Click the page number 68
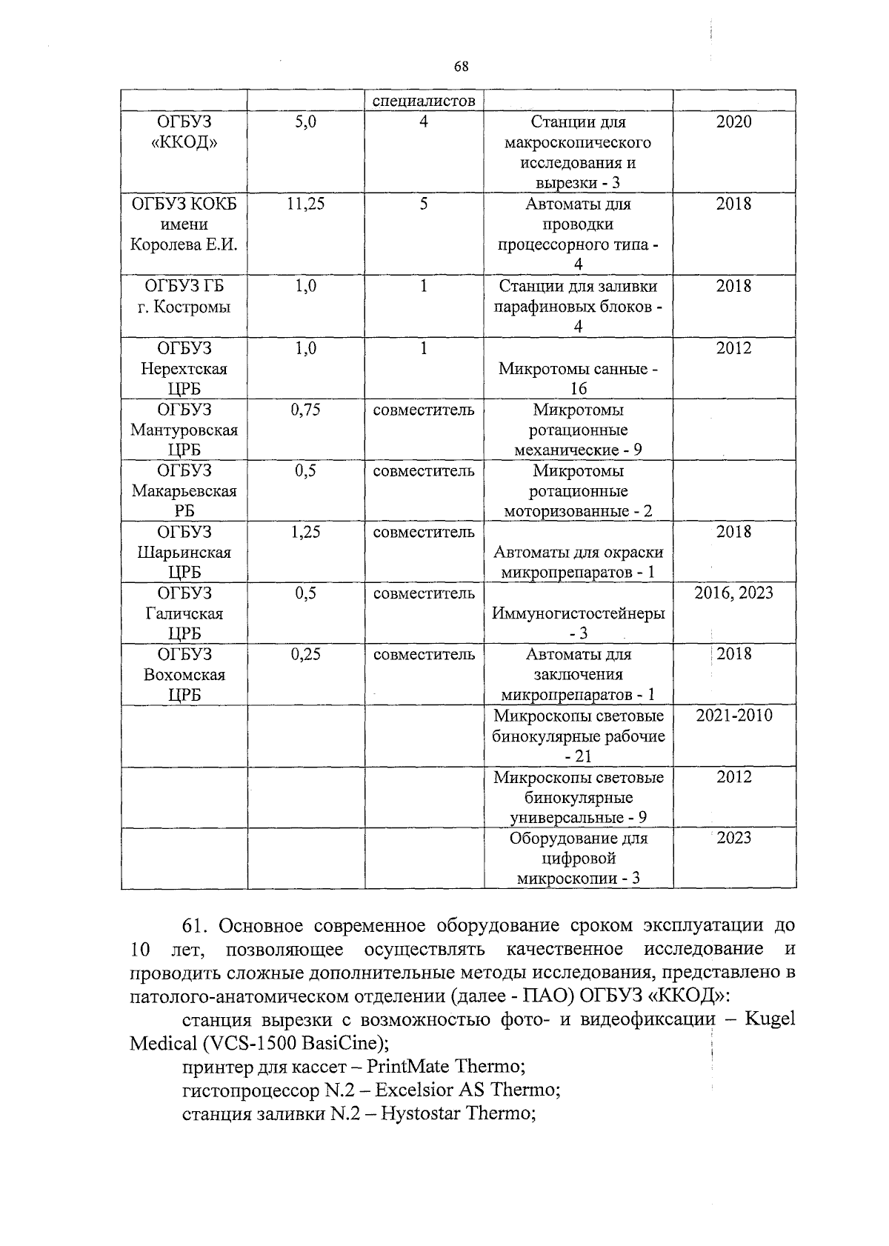tap(461, 67)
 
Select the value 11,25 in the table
tap(305, 204)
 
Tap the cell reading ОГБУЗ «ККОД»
tap(184, 132)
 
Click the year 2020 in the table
tap(733, 122)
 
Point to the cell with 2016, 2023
tap(733, 593)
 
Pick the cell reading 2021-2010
tap(733, 716)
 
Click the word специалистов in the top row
tap(423, 101)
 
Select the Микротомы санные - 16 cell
tap(578, 379)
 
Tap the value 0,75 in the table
tap(305, 410)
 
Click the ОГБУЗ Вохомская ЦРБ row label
tap(184, 674)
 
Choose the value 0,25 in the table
tap(305, 654)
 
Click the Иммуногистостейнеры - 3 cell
tap(578, 622)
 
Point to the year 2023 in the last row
tap(733, 838)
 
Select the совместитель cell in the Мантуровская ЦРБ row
tap(423, 410)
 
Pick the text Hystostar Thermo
tap(457, 1113)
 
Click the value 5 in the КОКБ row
tap(423, 204)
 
